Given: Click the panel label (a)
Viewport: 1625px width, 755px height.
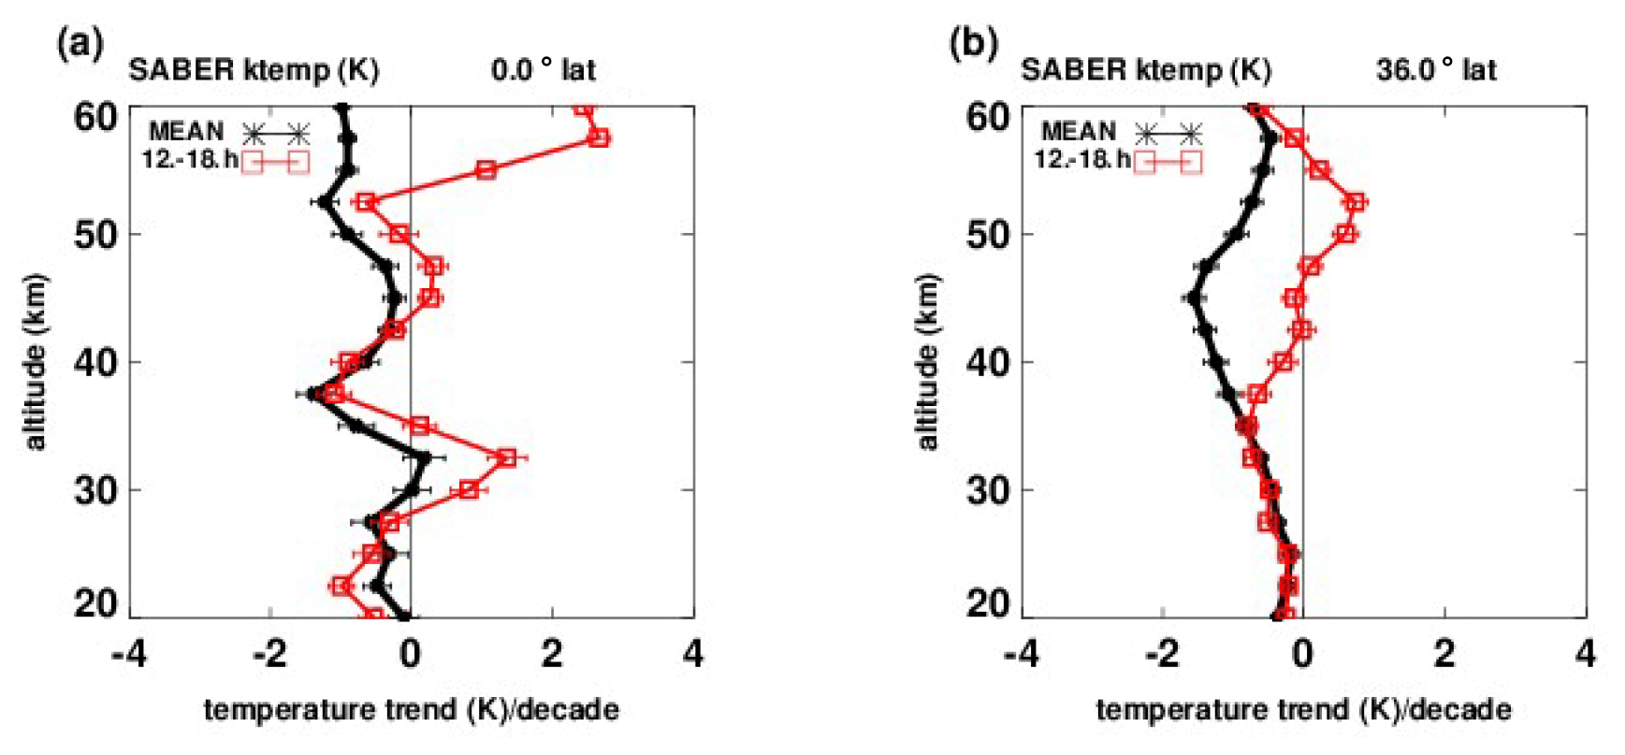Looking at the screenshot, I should click(80, 44).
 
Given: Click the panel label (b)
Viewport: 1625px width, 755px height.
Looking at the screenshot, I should click(973, 44).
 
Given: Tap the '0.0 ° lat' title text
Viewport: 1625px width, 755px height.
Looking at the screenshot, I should click(544, 70).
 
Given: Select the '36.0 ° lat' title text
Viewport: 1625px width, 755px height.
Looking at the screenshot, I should click(1436, 70).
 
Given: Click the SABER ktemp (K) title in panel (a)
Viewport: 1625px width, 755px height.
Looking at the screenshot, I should click(254, 70).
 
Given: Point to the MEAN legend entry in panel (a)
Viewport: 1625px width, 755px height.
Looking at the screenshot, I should click(186, 132).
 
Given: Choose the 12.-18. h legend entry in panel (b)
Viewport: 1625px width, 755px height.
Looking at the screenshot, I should click(1081, 159).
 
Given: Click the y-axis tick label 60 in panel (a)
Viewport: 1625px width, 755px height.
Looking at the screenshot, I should click(95, 118).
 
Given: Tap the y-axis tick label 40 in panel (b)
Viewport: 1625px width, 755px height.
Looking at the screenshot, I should click(988, 362).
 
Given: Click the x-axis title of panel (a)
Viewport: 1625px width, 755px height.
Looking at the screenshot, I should click(412, 710).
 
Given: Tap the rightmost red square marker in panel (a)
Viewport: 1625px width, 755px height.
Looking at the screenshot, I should click(599, 138).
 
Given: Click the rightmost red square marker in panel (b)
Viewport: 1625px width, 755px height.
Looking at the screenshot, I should click(1356, 202).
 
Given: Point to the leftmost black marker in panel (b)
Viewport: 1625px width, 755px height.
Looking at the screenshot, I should click(1193, 298).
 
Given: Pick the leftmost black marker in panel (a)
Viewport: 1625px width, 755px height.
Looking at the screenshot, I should click(313, 394).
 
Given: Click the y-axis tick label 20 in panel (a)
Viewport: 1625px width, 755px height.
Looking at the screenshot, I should click(95, 604).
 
